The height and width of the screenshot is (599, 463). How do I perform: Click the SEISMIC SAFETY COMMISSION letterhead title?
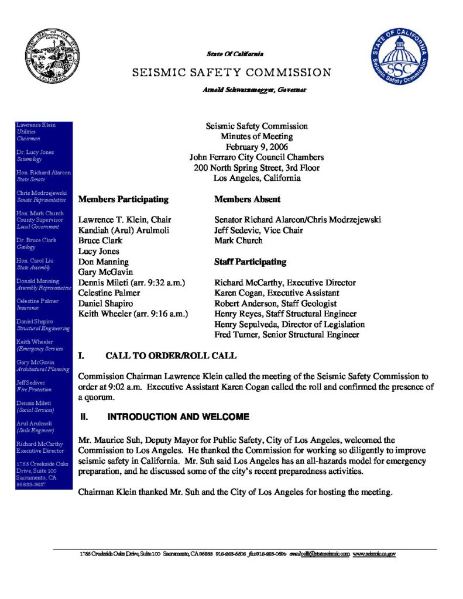click(x=232, y=73)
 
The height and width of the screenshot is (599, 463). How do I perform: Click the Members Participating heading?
click(x=123, y=199)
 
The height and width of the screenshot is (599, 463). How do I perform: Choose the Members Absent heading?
click(x=247, y=199)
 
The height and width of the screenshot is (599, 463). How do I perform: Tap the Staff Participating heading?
click(x=250, y=261)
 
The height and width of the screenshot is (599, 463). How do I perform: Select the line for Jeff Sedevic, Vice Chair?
click(x=258, y=230)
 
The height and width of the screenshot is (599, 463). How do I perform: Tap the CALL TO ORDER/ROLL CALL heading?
click(x=171, y=356)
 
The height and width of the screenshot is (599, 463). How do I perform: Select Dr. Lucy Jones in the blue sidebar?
click(x=35, y=152)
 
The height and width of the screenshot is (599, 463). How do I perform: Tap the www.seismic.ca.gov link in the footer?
click(x=374, y=553)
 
